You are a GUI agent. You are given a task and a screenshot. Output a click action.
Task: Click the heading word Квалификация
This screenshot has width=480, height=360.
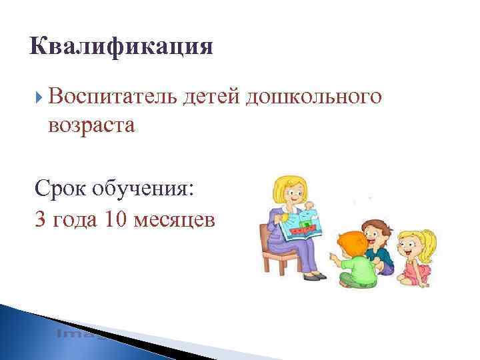coord(121,47)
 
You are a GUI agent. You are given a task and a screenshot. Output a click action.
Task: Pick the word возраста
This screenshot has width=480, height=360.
coord(91,124)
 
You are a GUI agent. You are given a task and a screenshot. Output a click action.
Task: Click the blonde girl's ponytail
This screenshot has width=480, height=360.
coord(430,240)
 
